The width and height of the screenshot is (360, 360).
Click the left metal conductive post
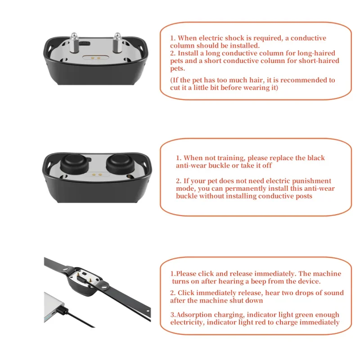tap(74, 43)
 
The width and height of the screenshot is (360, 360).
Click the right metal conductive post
tap(117, 43)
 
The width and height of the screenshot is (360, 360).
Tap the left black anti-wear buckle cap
tap(74, 164)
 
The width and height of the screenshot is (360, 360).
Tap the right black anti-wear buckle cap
tap(120, 164)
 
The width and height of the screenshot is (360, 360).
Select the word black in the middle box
tap(316, 158)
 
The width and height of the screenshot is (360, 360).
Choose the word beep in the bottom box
tap(258, 282)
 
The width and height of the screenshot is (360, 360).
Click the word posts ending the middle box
tap(302, 196)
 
